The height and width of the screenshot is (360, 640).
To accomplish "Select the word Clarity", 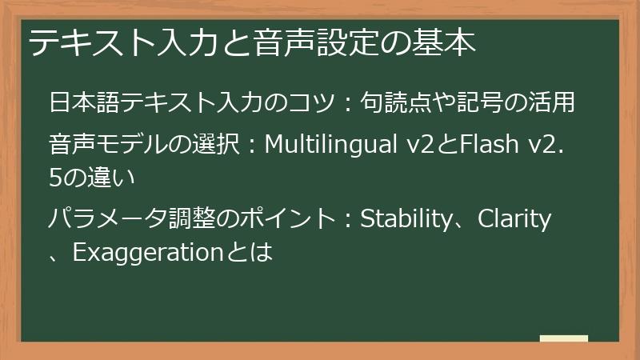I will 514,218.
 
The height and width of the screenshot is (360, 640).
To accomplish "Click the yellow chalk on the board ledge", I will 563,338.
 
